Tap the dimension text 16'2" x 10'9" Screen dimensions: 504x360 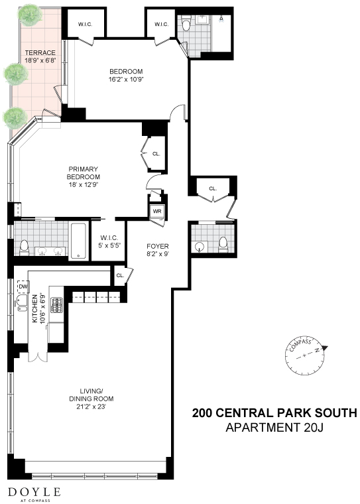pyautogui.click(x=126, y=79)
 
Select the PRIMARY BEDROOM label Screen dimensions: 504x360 pyautogui.click(x=83, y=173)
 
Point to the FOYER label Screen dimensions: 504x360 pyautogui.click(x=157, y=246)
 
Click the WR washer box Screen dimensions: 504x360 pyautogui.click(x=157, y=212)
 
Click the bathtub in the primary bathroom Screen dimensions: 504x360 pyautogui.click(x=78, y=240)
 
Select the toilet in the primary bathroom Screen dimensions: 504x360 pyautogui.click(x=24, y=246)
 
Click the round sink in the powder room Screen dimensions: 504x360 pyautogui.click(x=200, y=246)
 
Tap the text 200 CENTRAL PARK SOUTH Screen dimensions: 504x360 pyautogui.click(x=274, y=413)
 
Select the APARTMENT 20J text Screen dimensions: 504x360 pyautogui.click(x=274, y=428)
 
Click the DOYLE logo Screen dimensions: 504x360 pyautogui.click(x=34, y=493)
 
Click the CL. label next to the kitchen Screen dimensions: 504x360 pyautogui.click(x=120, y=275)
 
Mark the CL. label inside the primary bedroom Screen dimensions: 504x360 pyautogui.click(x=156, y=154)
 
